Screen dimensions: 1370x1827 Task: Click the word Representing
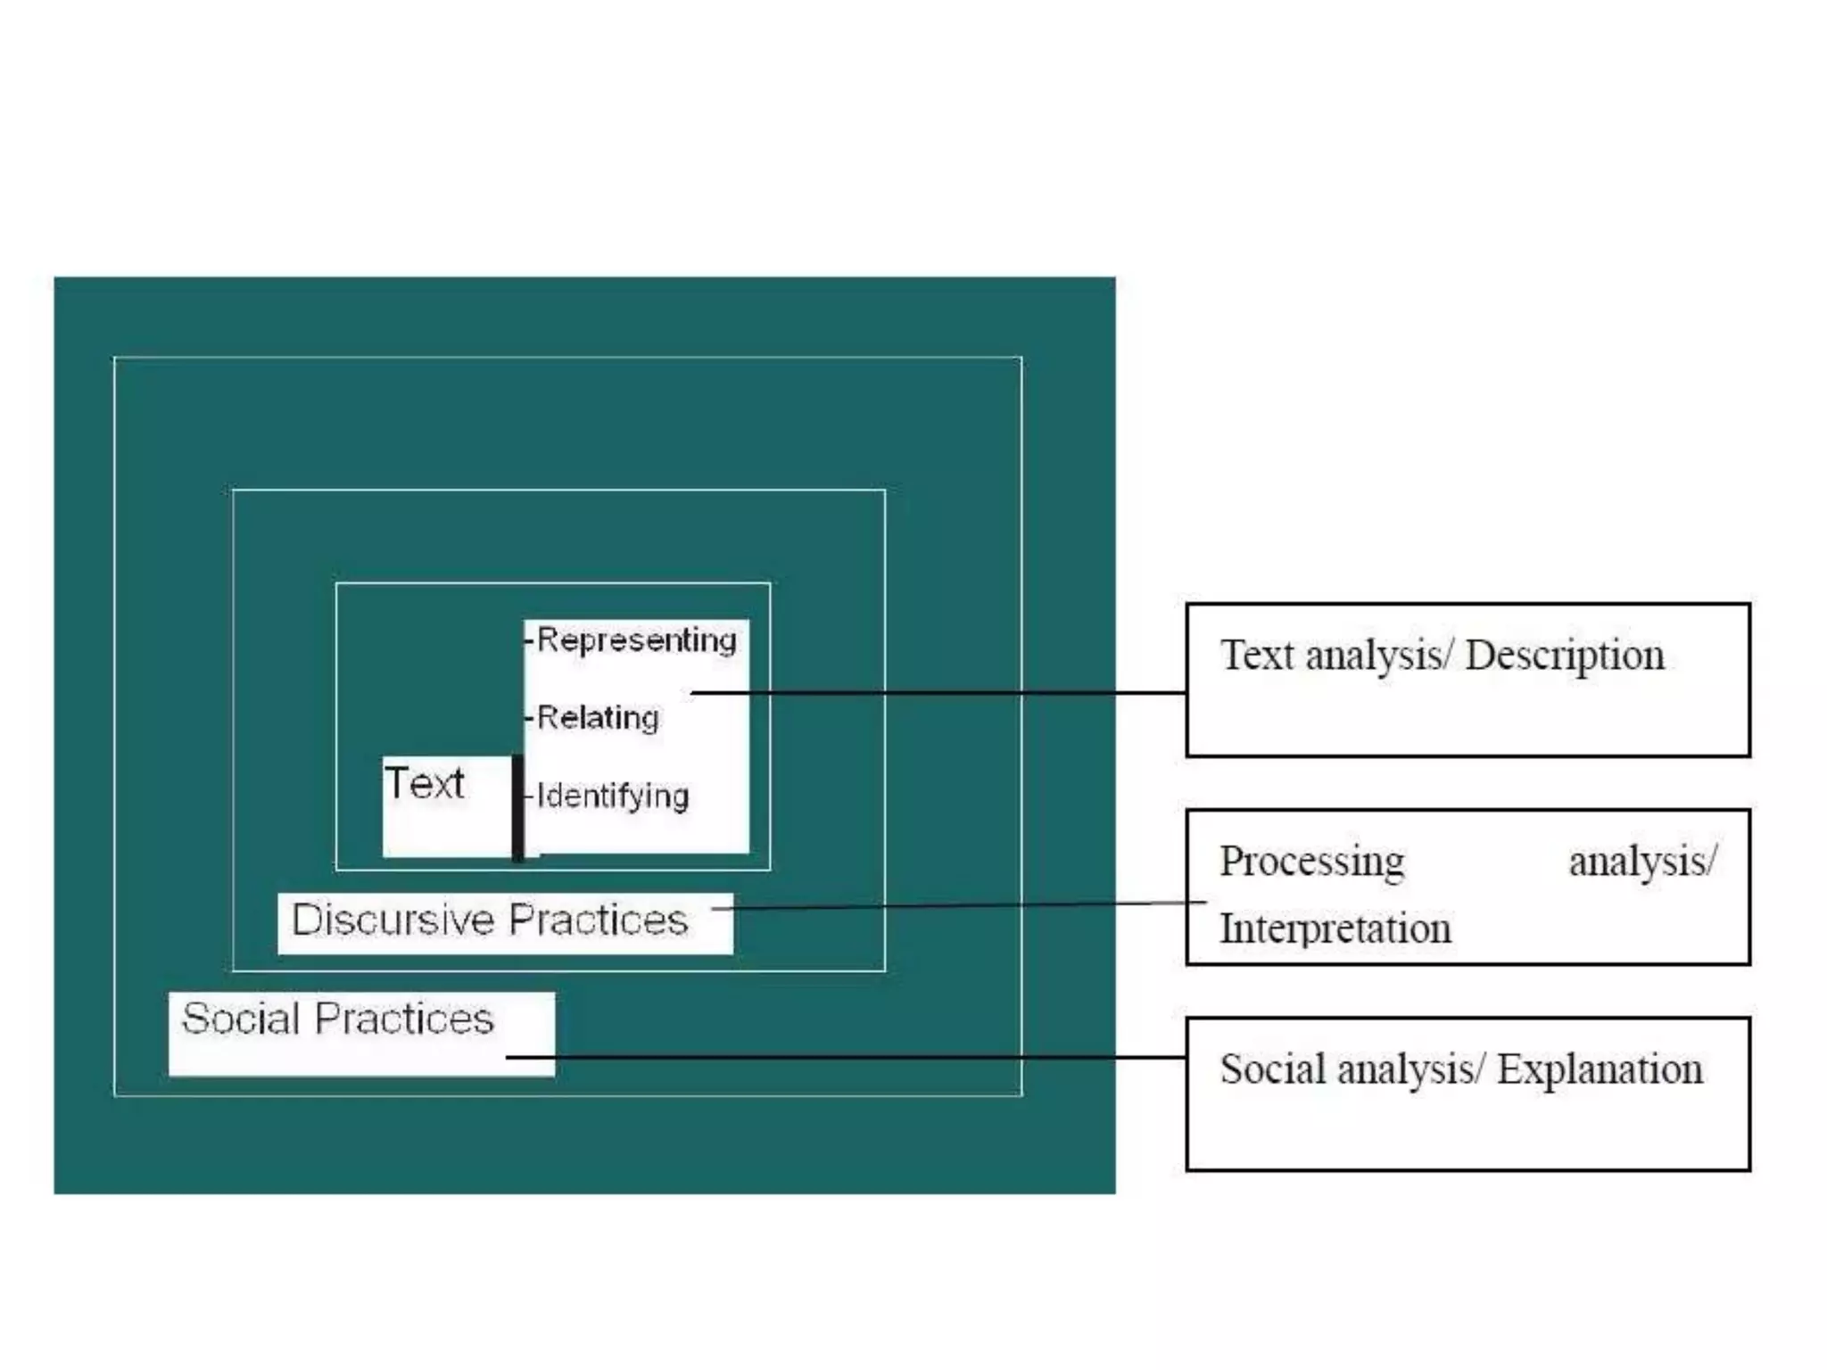[637, 640]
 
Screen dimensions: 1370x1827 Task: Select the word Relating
[598, 718]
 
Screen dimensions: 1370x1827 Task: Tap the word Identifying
[613, 796]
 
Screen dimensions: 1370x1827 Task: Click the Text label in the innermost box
[425, 784]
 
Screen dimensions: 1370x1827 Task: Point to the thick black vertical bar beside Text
[517, 808]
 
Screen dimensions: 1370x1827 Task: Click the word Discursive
[393, 920]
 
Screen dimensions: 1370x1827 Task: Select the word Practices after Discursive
[598, 920]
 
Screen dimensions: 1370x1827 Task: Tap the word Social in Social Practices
[240, 1019]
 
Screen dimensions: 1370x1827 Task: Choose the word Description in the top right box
[1565, 656]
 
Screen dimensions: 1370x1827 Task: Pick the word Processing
[1311, 862]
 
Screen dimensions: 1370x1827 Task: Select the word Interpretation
[1335, 928]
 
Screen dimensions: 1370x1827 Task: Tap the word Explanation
[1600, 1069]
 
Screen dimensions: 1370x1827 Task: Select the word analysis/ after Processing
[1642, 862]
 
